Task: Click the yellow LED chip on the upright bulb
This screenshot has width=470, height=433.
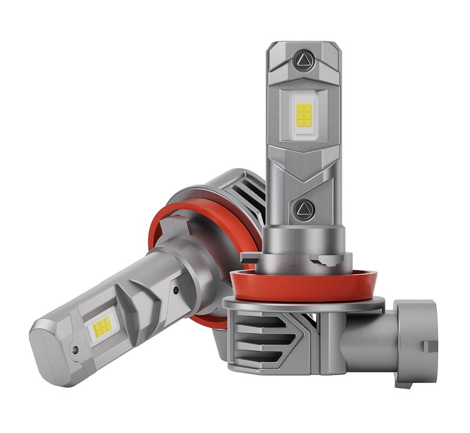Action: pos(304,115)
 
